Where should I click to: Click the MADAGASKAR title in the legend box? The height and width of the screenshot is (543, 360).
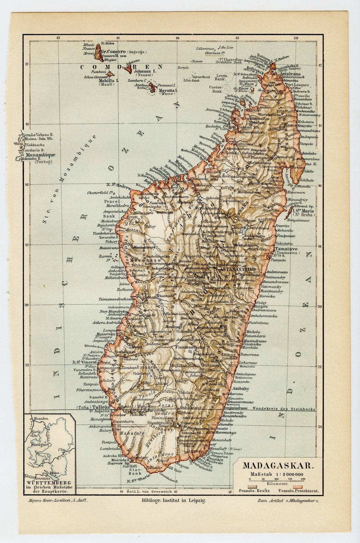[278, 466]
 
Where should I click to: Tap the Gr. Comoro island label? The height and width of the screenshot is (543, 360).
[113, 52]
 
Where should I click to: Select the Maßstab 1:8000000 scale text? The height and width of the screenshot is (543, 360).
[277, 474]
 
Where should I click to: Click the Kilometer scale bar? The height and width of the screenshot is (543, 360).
[277, 481]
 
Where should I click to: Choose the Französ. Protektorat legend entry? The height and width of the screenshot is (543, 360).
[298, 491]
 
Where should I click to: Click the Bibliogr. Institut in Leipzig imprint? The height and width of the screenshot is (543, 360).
[174, 500]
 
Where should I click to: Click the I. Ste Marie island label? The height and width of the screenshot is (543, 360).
[303, 211]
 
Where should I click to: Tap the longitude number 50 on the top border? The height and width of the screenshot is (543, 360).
[296, 38]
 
